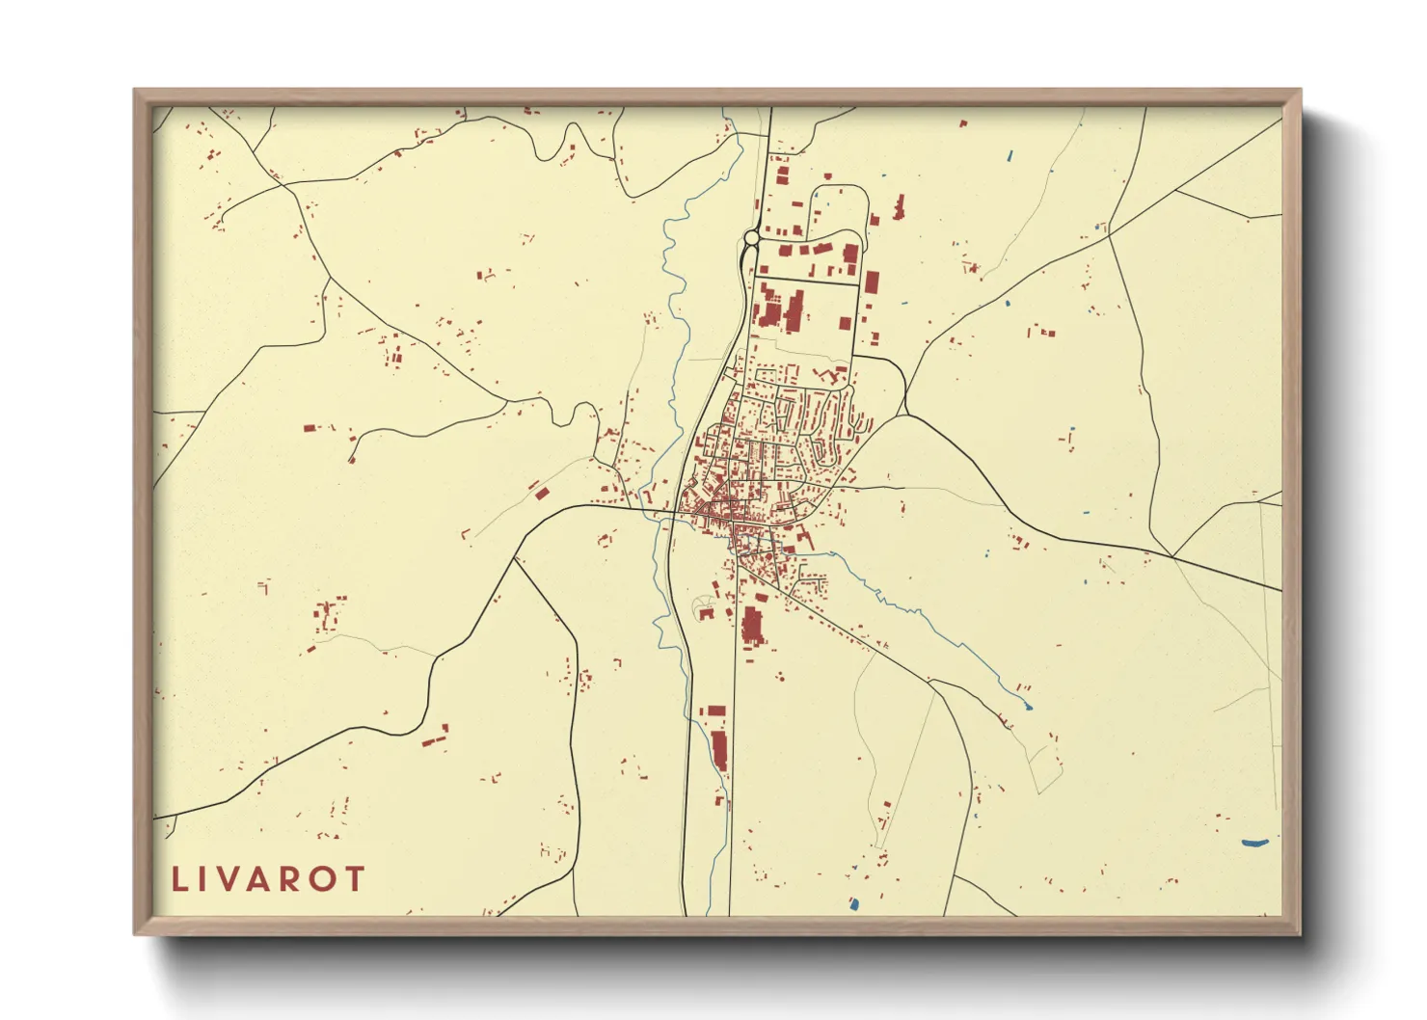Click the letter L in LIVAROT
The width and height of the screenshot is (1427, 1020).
click(179, 879)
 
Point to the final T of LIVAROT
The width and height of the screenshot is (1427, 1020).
click(355, 879)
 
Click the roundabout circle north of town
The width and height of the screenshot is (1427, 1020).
click(751, 237)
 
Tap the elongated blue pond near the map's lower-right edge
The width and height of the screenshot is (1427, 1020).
click(1253, 843)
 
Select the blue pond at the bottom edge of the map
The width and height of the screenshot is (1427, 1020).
click(853, 904)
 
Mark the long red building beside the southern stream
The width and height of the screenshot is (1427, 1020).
click(719, 750)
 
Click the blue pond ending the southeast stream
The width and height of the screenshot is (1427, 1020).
click(1027, 707)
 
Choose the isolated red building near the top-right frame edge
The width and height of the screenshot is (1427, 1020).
click(962, 123)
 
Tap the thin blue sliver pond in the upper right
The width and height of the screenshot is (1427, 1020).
click(1010, 154)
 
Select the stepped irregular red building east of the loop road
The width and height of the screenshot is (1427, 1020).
click(899, 207)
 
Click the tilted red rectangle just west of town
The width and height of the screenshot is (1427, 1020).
click(542, 494)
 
